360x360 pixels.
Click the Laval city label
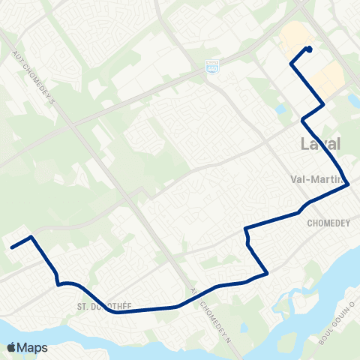click(x=319, y=144)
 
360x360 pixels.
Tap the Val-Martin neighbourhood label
click(x=316, y=179)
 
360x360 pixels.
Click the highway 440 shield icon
click(x=212, y=66)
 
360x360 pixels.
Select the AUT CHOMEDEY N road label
click(x=202, y=303)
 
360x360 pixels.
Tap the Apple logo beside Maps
click(x=11, y=347)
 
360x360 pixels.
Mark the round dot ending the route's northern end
click(x=309, y=50)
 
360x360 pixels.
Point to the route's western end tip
click(x=10, y=247)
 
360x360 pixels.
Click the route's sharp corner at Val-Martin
click(x=348, y=186)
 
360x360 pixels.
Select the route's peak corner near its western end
click(x=31, y=237)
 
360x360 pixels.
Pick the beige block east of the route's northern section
click(x=328, y=77)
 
